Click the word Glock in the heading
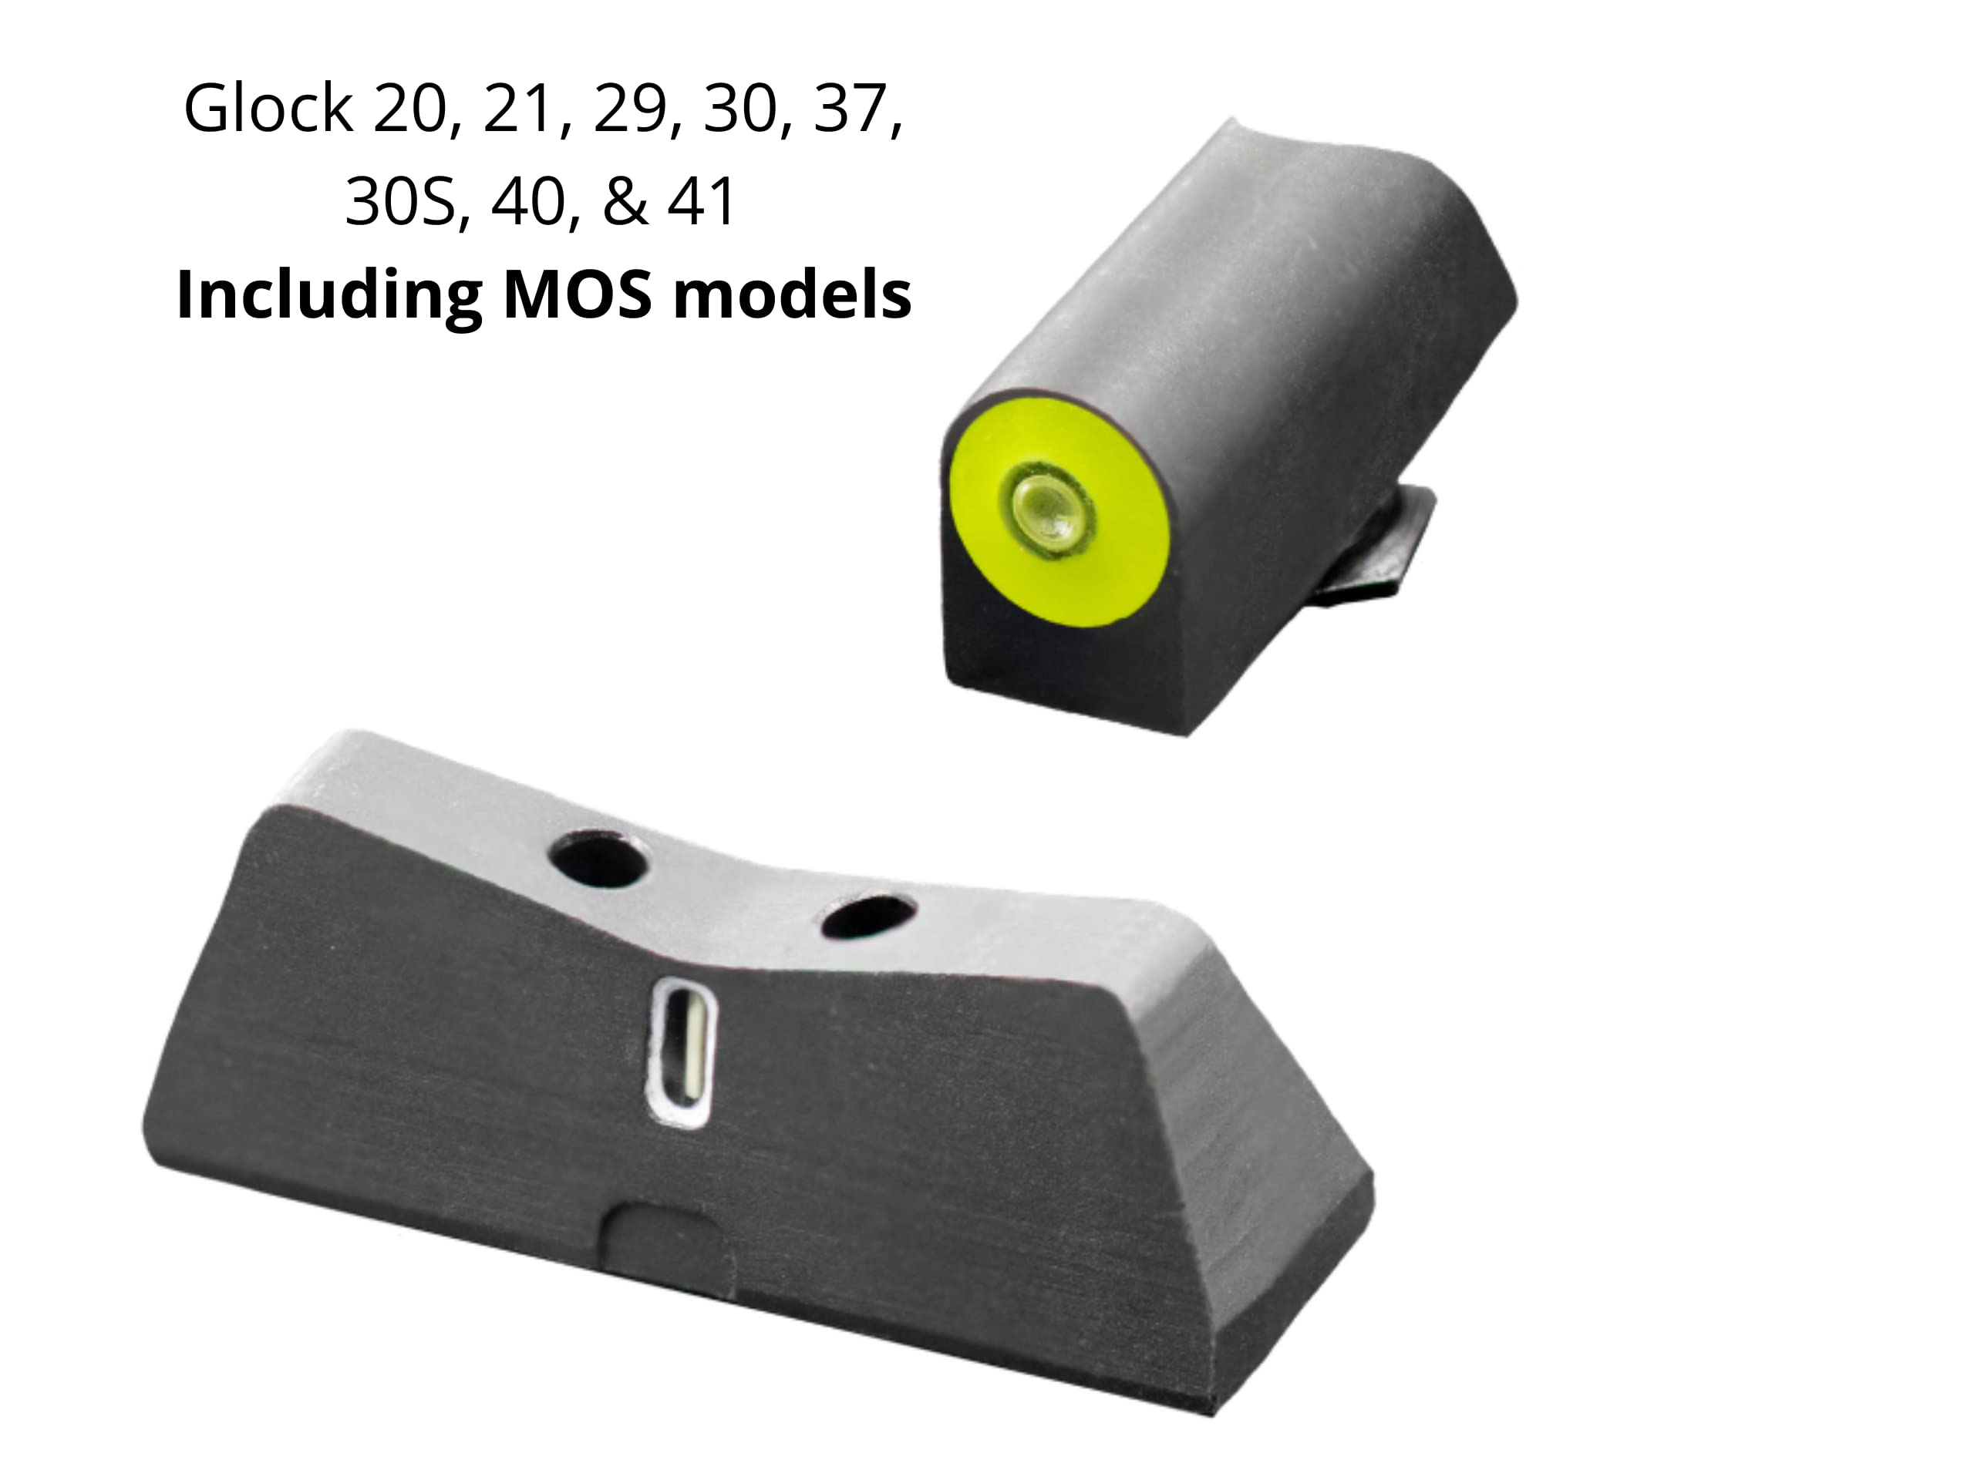click(268, 107)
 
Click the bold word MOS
click(578, 294)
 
